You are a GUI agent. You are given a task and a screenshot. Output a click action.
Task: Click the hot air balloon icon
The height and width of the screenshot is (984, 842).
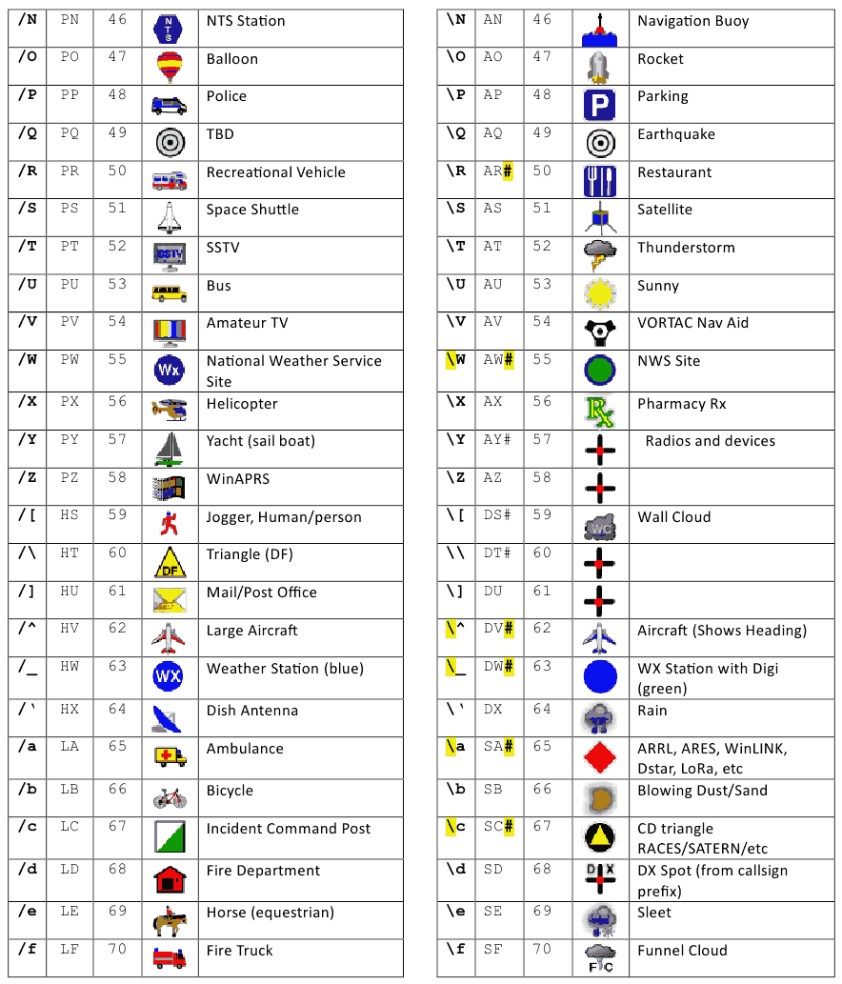(169, 67)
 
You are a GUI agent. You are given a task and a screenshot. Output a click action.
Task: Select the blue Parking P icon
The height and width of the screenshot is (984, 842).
(600, 105)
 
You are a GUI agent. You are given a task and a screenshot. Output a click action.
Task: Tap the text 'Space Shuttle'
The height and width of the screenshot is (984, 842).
(252, 210)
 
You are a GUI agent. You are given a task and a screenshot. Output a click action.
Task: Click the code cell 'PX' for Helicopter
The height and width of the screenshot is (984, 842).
(70, 403)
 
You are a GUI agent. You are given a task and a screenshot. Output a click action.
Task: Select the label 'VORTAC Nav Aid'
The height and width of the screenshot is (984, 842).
(692, 323)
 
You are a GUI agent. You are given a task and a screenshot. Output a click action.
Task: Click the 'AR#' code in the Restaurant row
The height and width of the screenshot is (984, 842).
(498, 171)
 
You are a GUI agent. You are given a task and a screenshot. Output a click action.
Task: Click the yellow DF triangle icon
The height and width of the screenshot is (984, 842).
(170, 563)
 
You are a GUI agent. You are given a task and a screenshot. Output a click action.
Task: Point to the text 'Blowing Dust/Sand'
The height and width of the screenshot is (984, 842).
(702, 791)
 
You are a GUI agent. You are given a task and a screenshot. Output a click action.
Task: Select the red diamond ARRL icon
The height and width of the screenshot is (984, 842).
(600, 756)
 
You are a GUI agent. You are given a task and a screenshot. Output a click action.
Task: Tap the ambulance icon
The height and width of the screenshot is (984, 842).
(170, 756)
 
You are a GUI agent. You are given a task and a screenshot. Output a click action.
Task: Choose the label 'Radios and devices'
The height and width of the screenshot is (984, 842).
(710, 441)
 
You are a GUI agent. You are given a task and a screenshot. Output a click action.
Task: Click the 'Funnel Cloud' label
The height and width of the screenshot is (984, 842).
(682, 951)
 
